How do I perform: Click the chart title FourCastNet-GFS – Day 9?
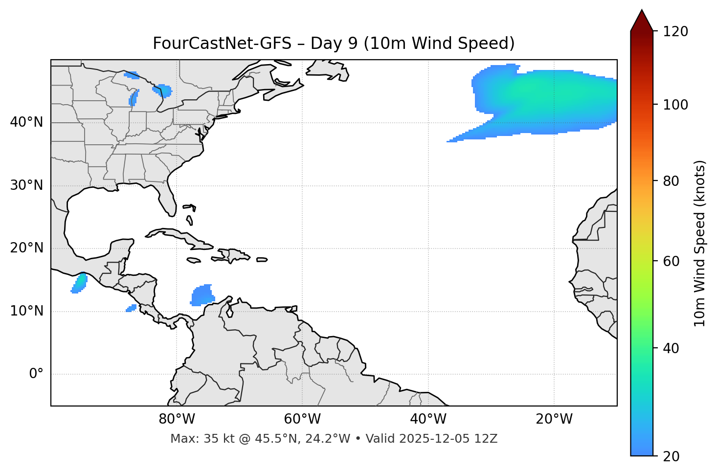point(334,44)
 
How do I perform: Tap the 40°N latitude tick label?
point(26,122)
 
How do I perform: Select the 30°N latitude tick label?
point(26,185)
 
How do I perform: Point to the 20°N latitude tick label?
point(26,248)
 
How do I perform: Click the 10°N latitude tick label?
point(26,311)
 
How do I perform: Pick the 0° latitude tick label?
point(36,374)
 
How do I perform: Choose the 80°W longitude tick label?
point(177,419)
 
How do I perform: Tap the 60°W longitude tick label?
point(302,419)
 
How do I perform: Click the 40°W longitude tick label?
point(428,419)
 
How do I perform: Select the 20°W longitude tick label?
point(554,419)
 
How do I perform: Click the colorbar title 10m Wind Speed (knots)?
point(700,244)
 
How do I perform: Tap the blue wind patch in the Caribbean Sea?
point(202,295)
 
